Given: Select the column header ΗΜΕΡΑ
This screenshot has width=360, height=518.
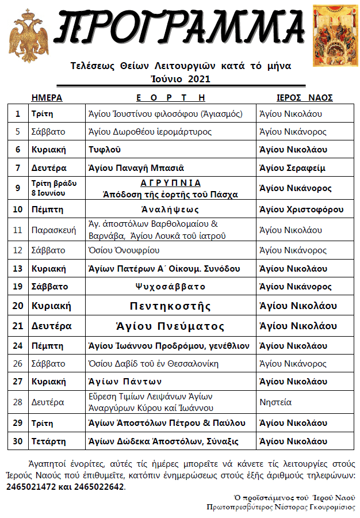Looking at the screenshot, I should [47, 98].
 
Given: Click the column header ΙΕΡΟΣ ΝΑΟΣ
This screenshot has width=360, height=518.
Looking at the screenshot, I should [305, 98].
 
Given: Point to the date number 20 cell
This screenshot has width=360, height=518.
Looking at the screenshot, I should [18, 306].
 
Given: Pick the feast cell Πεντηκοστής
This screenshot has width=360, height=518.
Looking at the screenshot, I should [170, 306].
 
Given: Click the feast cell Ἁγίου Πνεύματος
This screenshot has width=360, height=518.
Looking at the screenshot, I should [170, 326].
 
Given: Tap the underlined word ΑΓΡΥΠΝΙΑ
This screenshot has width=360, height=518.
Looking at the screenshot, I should [171, 182].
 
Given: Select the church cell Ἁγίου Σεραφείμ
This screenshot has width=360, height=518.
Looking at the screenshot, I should [292, 168].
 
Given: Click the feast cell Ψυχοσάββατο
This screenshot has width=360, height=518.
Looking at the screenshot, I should [170, 287].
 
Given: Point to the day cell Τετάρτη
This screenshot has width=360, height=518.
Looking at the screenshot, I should [49, 441].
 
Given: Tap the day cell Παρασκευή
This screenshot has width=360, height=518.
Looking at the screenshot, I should [53, 230].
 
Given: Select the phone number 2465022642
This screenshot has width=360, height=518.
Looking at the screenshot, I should [99, 486].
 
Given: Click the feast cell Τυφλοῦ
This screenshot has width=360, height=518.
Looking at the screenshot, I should [104, 150].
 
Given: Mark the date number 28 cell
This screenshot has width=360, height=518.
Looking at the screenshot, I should [18, 403].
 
